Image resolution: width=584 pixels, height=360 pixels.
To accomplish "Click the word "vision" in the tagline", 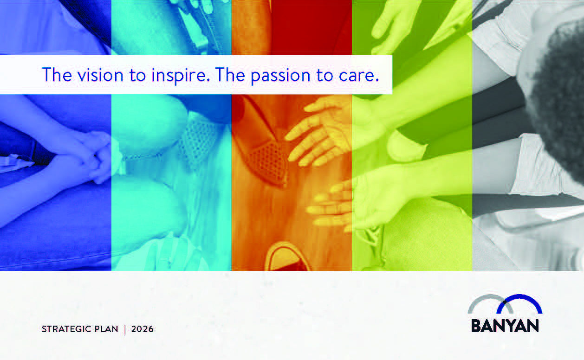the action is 100,75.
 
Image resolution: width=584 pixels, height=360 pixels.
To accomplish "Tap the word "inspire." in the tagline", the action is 181,76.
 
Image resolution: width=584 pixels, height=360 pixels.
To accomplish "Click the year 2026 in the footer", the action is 143,329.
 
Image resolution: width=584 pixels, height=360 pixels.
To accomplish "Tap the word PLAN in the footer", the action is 106,329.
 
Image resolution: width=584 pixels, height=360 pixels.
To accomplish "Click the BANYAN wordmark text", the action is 505,326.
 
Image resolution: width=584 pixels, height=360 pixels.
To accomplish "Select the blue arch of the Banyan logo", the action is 519,296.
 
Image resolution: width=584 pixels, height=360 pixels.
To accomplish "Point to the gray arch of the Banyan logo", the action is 490,296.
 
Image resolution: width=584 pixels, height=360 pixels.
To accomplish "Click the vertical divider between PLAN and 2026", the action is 125,329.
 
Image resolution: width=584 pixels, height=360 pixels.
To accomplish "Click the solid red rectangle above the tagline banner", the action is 311,27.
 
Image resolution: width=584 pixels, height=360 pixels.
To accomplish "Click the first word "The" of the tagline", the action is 57,75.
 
